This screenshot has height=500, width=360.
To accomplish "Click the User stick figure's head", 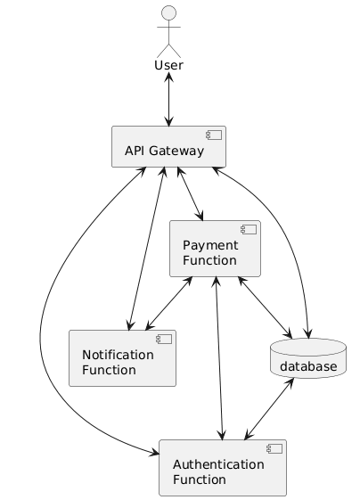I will click(x=168, y=17).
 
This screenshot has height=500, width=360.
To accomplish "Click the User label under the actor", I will click(x=168, y=65).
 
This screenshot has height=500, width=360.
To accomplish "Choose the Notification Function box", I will click(x=122, y=358).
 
